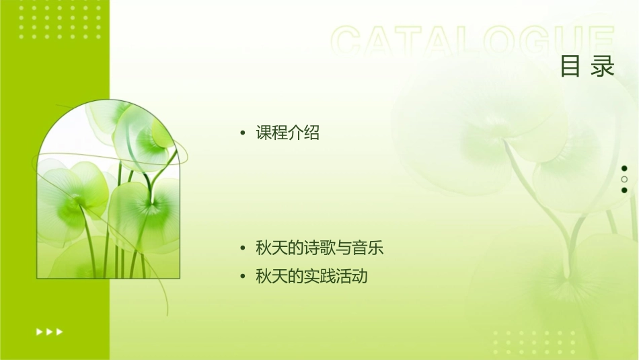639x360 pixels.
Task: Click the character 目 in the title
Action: point(570,67)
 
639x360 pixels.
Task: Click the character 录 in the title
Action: point(603,67)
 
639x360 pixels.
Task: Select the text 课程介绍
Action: point(287,133)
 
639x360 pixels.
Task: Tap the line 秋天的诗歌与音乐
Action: point(319,248)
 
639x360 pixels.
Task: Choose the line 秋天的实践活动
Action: point(311,276)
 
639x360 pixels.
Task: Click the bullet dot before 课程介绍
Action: point(243,133)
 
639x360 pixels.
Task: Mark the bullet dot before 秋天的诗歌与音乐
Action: point(243,248)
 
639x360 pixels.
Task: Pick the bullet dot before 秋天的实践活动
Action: point(243,276)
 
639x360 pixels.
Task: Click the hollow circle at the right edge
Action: point(624,179)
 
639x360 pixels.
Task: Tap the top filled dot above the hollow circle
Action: point(624,168)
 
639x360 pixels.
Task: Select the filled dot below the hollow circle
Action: point(624,190)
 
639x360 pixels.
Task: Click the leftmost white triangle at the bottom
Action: point(39,331)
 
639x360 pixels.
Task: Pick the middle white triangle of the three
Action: point(49,331)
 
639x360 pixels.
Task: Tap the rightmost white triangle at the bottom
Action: point(60,331)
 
